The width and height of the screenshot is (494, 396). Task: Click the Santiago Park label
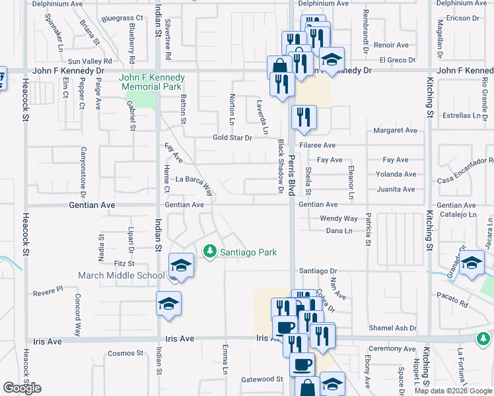click(x=248, y=252)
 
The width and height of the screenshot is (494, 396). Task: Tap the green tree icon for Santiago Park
click(x=209, y=251)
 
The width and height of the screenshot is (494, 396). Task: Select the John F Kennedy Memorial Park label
click(x=151, y=82)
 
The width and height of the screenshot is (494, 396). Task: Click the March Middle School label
click(x=122, y=275)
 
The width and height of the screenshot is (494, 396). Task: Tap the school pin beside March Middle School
click(x=181, y=267)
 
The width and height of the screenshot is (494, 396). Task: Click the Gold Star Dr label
click(x=232, y=138)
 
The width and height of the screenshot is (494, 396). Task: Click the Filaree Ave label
click(x=318, y=145)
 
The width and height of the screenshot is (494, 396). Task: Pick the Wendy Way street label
click(x=338, y=218)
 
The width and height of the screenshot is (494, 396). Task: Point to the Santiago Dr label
click(x=318, y=271)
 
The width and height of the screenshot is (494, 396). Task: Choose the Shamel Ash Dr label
click(x=393, y=327)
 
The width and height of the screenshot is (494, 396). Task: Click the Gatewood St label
click(x=262, y=379)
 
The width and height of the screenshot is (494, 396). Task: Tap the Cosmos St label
click(x=125, y=353)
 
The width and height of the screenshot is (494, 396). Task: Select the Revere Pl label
click(x=48, y=289)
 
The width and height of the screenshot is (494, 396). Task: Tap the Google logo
click(x=22, y=388)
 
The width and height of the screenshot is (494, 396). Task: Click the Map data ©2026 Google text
click(x=452, y=391)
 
